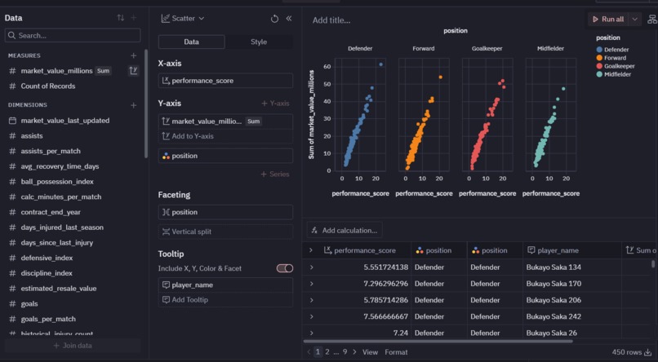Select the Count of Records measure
click(x=47, y=86)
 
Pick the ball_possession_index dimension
click(x=57, y=182)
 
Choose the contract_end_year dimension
click(x=51, y=212)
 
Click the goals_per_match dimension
click(x=48, y=319)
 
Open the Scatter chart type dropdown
click(x=183, y=18)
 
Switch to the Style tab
click(x=258, y=42)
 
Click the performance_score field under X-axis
click(x=225, y=81)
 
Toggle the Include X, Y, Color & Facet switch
click(x=284, y=268)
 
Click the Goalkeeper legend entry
click(x=620, y=66)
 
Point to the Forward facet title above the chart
click(x=423, y=49)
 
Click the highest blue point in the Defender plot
click(x=380, y=64)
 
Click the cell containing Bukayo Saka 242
click(x=554, y=316)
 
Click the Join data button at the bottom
click(x=72, y=346)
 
